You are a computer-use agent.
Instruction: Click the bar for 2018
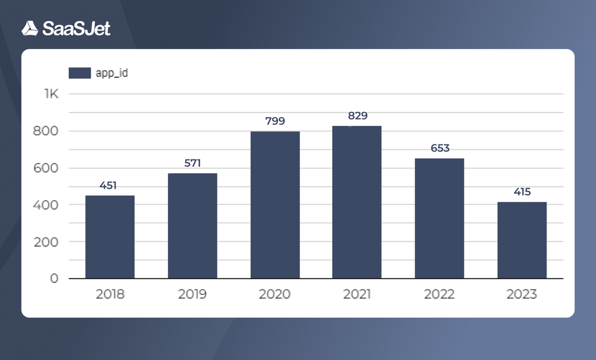click(x=110, y=237)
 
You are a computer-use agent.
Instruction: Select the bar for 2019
click(x=192, y=226)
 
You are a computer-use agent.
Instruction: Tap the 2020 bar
click(x=275, y=205)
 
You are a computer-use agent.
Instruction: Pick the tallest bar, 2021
click(x=357, y=202)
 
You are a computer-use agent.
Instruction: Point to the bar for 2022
click(x=440, y=219)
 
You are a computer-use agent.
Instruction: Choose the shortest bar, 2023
click(x=522, y=240)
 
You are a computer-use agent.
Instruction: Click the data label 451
click(x=108, y=185)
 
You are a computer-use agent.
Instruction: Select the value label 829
click(x=358, y=116)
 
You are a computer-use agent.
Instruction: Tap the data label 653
click(x=440, y=148)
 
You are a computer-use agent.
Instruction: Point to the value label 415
click(x=522, y=192)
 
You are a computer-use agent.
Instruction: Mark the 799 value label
click(x=275, y=121)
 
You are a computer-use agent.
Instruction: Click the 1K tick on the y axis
click(x=51, y=94)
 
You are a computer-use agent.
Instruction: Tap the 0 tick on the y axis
click(x=54, y=279)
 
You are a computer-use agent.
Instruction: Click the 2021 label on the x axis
click(x=357, y=294)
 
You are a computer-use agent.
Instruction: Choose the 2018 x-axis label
click(x=110, y=294)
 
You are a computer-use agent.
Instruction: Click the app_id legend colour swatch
click(x=79, y=73)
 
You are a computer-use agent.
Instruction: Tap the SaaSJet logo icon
click(x=30, y=28)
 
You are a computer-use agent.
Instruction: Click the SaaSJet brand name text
click(x=76, y=28)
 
